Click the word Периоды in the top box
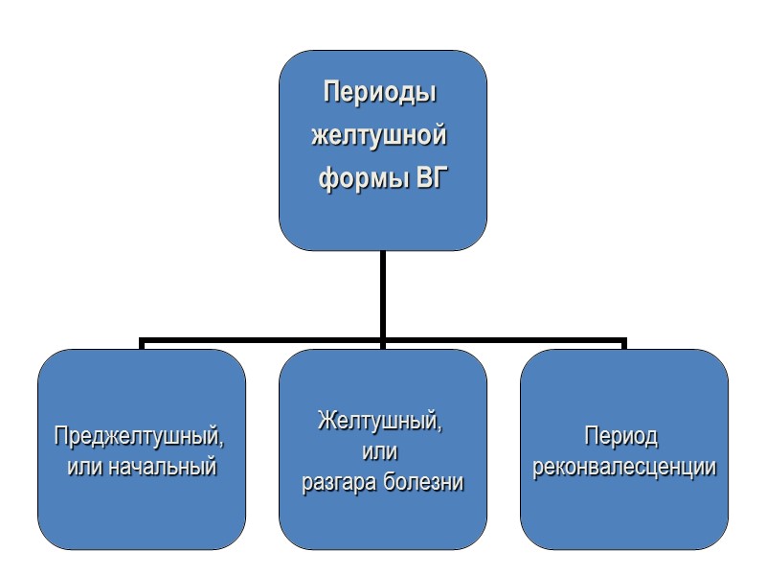click(382, 95)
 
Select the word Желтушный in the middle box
click(380, 421)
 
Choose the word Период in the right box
click(622, 438)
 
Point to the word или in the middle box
click(382, 451)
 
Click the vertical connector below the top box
click(382, 292)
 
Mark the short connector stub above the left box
click(142, 345)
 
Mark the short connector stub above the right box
click(624, 345)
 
